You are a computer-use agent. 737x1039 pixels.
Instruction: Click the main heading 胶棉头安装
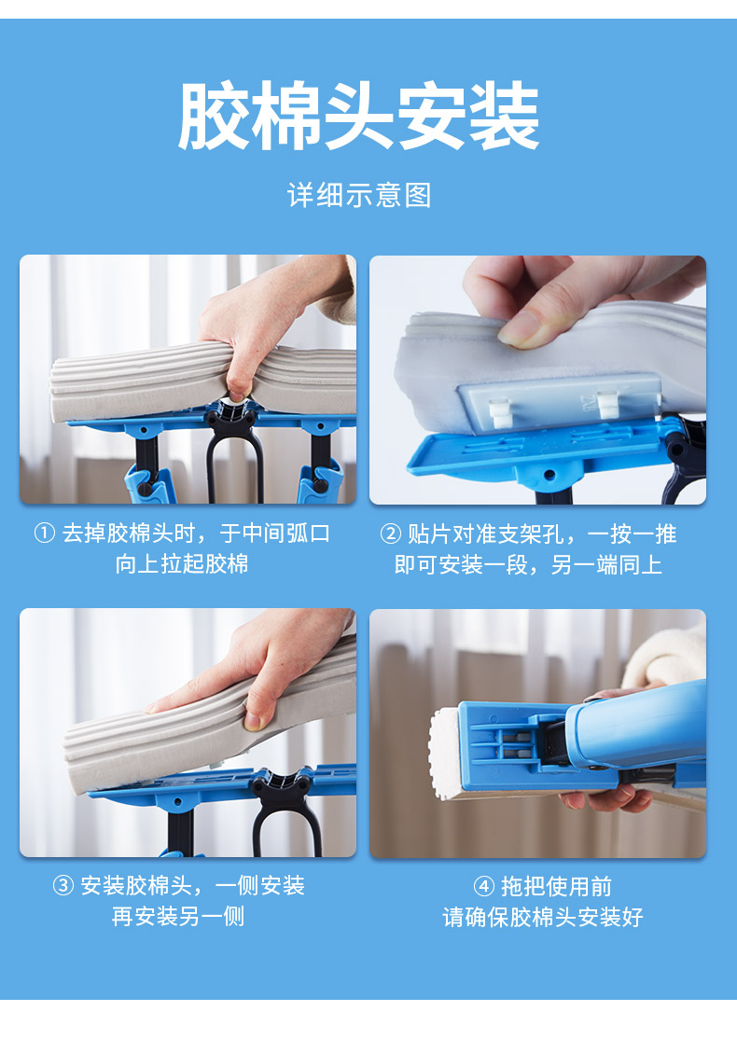point(358,116)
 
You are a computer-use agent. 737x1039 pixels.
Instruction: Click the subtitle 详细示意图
point(359,196)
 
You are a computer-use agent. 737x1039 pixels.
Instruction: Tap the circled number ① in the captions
point(45,533)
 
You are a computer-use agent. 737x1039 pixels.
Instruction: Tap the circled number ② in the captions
point(390,533)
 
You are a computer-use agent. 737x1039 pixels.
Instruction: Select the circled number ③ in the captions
point(63,885)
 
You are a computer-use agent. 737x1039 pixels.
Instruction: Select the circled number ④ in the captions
point(484,886)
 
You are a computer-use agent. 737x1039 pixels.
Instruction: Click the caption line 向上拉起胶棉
point(182,564)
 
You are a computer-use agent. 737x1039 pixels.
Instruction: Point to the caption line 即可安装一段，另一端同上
point(528,564)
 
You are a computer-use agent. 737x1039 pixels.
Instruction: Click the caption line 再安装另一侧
point(178,917)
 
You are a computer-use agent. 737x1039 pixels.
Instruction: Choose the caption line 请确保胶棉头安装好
point(543,917)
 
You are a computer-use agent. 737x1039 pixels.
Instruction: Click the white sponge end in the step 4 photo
point(445,751)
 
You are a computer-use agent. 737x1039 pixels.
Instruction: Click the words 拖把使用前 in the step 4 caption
point(556,886)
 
